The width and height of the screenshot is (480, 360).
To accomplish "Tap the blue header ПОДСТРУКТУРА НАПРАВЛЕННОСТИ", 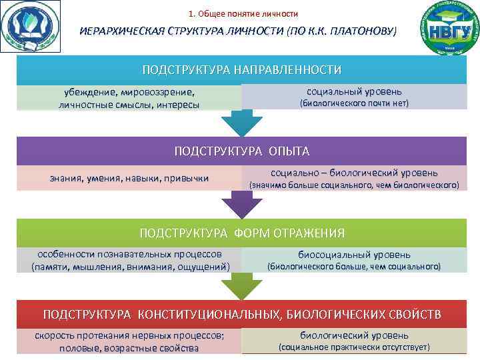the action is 241,70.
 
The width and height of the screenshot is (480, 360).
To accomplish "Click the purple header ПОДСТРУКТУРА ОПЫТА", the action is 241,151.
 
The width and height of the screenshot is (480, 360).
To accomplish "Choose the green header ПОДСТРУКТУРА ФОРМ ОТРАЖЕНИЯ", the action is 241,233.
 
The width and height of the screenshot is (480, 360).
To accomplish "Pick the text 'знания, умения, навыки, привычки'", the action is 129,178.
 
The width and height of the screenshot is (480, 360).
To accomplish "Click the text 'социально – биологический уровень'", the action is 354,173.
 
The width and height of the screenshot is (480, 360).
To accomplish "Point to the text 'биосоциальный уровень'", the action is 354,254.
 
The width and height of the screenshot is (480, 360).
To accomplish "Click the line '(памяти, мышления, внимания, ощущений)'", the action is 131,267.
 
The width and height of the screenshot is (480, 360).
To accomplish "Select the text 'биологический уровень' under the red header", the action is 354,335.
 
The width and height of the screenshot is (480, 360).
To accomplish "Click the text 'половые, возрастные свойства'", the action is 129,348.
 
